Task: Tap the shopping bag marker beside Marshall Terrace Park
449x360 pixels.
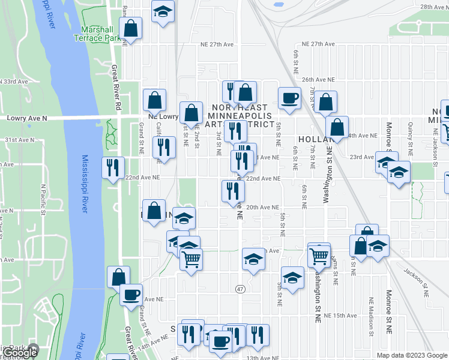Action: (130, 28)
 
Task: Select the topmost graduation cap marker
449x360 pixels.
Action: (161, 13)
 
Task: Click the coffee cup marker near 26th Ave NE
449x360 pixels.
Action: (289, 98)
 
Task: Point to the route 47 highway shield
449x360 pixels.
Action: (240, 289)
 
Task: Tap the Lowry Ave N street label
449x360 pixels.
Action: (23, 119)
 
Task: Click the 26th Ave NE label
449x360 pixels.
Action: (317, 79)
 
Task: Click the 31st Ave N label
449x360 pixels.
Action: (17, 139)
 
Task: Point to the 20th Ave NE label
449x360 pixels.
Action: (263, 207)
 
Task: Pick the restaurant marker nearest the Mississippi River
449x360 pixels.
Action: (112, 168)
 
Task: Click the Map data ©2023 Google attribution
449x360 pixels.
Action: (412, 355)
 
